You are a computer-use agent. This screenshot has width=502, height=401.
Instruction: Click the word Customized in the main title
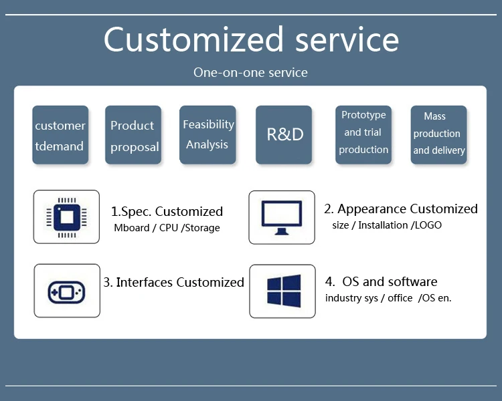193,39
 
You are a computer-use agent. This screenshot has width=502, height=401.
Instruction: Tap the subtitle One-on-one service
250,73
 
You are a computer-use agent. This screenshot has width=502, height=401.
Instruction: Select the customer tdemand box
60,135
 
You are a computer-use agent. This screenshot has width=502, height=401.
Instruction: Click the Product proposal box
133,135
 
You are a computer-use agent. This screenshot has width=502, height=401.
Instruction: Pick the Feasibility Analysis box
207,135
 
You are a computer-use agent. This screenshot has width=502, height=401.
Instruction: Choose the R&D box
284,135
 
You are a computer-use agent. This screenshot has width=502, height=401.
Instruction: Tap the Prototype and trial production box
363,135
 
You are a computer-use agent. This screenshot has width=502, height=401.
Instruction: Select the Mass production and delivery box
438,135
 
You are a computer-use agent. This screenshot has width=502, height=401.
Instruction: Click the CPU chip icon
66,217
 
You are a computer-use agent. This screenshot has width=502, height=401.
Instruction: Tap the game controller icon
66,292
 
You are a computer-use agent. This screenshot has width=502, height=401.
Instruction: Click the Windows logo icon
284,291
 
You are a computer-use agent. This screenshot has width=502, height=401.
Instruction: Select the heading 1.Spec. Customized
167,212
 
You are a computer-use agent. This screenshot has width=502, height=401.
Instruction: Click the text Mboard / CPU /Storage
167,228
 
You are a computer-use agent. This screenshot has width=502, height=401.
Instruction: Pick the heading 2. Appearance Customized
401,209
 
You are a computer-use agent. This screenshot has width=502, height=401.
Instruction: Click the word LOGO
428,225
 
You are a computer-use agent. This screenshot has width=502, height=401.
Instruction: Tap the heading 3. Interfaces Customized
173,282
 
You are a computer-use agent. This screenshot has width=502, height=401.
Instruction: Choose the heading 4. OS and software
381,282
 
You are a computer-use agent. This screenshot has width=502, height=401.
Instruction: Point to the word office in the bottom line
400,298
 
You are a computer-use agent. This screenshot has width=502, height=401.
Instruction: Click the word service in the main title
347,39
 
